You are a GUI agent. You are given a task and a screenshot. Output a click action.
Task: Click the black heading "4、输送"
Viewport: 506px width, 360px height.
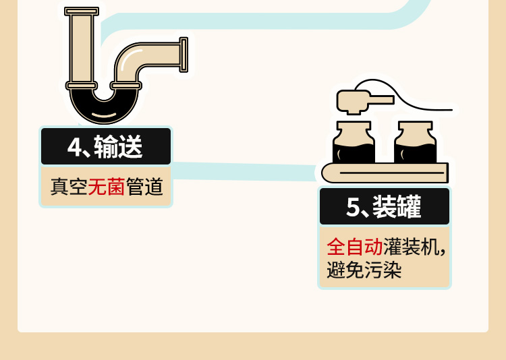coord(106,147)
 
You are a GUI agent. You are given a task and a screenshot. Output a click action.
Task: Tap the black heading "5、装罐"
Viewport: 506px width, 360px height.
coord(384,207)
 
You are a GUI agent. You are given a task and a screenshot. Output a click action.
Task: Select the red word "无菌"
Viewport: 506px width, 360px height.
coord(107,187)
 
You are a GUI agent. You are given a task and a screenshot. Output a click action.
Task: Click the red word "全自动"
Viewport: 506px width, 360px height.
coord(355,246)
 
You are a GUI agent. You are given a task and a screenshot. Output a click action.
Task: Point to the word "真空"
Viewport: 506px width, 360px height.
coord(69,187)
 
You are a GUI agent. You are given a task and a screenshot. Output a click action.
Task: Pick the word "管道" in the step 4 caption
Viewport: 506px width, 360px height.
coord(144,187)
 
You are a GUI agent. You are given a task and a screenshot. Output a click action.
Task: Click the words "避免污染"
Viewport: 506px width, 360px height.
coord(364,270)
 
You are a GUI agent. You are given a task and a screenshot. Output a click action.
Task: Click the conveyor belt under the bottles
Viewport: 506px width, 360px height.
coord(385,173)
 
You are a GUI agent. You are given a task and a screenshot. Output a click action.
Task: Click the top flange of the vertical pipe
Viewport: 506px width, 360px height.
coord(82,11)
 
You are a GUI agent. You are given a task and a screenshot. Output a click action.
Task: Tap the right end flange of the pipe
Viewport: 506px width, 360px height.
coord(184,55)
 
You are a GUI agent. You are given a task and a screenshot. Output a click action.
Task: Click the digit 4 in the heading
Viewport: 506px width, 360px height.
coord(74,147)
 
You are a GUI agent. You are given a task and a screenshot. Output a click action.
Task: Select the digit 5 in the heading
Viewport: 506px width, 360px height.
coord(354,207)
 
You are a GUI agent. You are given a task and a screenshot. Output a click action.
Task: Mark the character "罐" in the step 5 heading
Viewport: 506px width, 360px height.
coord(408,207)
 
